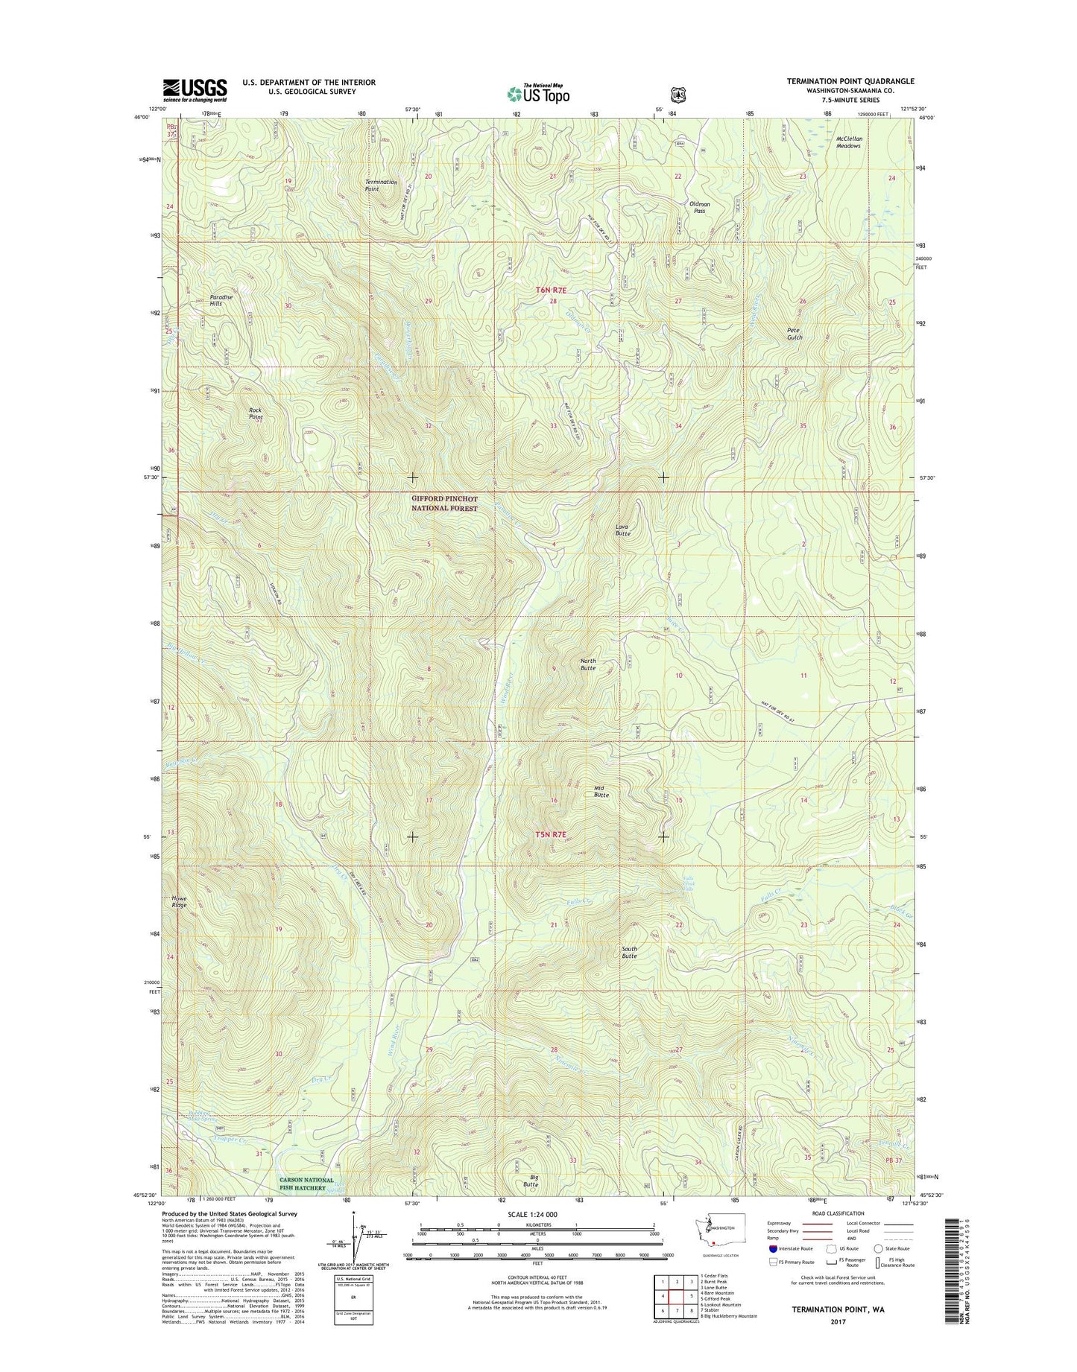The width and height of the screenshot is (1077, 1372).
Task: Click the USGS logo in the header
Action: coord(195,90)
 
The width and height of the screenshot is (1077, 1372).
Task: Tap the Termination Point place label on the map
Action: coord(381,185)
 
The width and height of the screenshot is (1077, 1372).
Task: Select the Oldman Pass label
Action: coord(699,207)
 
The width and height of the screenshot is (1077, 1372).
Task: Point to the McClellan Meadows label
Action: coord(848,142)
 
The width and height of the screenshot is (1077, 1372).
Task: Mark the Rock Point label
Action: coord(256,413)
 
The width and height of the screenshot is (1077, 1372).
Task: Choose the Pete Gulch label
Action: coord(795,333)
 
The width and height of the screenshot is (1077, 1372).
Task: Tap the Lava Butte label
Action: coord(622,530)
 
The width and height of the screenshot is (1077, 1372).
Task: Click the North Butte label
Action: coord(588,664)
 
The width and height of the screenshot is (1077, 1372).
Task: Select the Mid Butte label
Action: coord(601,791)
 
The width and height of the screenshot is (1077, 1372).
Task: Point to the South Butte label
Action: coord(629,952)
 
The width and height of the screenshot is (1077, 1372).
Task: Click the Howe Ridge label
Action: coord(179,901)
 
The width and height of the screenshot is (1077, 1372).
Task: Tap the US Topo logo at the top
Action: coord(538,94)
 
